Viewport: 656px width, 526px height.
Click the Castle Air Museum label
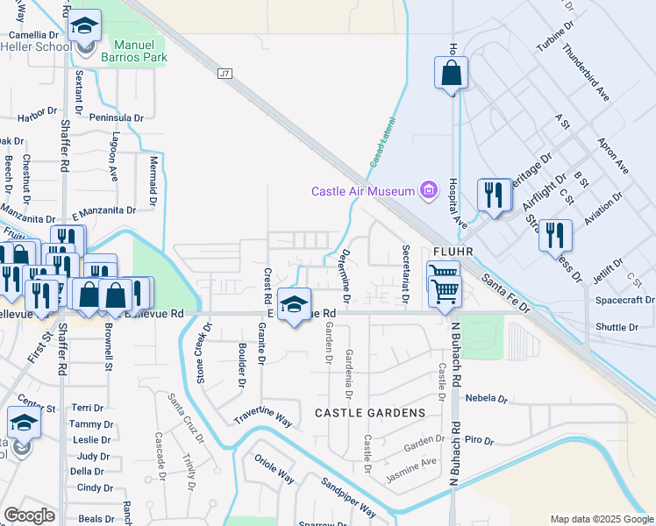(x=365, y=191)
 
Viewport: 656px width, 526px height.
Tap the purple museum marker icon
(x=429, y=190)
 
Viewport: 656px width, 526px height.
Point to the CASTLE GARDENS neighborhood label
(x=369, y=412)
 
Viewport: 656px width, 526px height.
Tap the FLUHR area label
(x=453, y=251)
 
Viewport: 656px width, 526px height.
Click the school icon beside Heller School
(x=85, y=27)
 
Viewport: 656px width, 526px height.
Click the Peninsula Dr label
(x=116, y=117)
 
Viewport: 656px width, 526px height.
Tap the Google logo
(x=30, y=515)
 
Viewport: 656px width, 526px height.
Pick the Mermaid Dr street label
(x=153, y=175)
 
